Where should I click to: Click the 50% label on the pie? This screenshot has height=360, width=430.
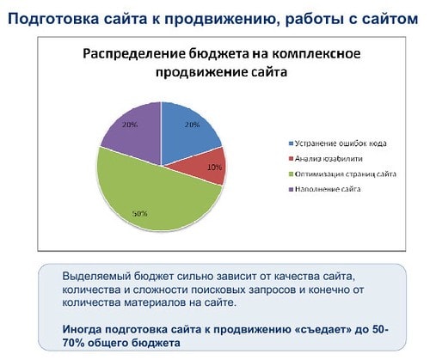pyautogui.click(x=139, y=213)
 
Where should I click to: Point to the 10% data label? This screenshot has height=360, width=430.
pyautogui.click(x=214, y=168)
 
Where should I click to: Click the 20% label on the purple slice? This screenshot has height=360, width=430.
pyautogui.click(x=130, y=125)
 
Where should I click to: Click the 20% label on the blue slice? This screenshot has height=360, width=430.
pyautogui.click(x=192, y=125)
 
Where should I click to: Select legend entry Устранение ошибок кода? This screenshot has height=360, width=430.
pyautogui.click(x=338, y=143)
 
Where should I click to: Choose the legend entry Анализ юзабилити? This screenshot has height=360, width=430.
pyautogui.click(x=326, y=158)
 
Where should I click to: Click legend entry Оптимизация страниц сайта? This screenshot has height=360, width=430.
pyautogui.click(x=343, y=174)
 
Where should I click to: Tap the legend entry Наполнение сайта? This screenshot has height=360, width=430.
pyautogui.click(x=325, y=189)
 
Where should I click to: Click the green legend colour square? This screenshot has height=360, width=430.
pyautogui.click(x=292, y=174)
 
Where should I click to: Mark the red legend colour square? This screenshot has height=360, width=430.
pyautogui.click(x=292, y=159)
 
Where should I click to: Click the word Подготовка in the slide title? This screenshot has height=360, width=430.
pyautogui.click(x=53, y=20)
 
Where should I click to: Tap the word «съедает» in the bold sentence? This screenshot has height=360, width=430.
pyautogui.click(x=323, y=330)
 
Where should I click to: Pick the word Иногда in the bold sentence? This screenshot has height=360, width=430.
pyautogui.click(x=82, y=330)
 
